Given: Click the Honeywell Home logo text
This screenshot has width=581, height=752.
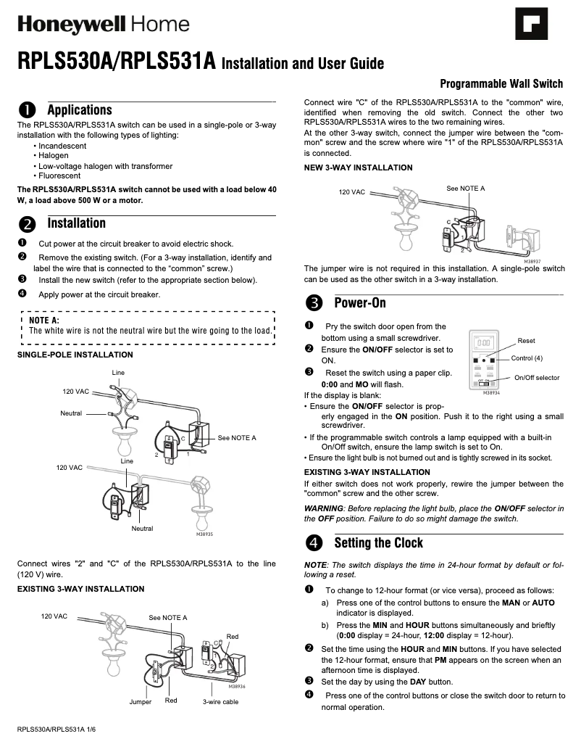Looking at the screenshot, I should pos(103,25).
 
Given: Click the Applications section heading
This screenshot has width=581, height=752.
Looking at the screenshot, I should pos(80,110).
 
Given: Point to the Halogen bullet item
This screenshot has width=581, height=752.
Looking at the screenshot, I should pos(53,155).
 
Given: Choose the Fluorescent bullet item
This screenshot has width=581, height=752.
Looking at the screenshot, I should pos(59,175).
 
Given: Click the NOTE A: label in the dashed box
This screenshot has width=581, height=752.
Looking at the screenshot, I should pos(44,320).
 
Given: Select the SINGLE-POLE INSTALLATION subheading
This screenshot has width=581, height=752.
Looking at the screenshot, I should pos(75,355).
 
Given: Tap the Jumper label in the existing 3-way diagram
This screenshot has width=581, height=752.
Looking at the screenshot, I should pos(141,701).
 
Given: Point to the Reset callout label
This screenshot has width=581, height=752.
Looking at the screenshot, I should pos(526,341).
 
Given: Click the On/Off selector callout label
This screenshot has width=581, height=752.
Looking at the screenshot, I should pos(537,378).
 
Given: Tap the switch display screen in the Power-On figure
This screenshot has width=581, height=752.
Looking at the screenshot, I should pos(484,342).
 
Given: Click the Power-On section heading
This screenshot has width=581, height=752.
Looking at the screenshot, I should pos(360,302).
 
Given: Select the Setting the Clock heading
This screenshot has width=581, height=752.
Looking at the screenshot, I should pos(378,543).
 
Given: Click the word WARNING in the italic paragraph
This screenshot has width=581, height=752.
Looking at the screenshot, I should pos(323,508).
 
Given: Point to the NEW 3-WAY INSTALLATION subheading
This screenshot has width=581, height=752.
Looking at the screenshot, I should pos(358,168).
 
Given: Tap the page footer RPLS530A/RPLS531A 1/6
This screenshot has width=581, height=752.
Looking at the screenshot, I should pos(57,728).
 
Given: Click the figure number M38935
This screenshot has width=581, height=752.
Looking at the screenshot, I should pos(204,534).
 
